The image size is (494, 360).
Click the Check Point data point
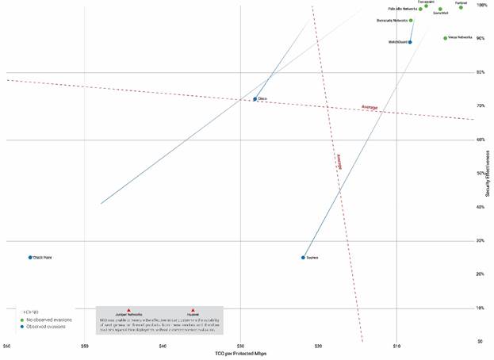tap(30, 257)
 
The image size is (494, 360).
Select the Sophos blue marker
tap(303, 257)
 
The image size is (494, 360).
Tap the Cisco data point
tap(255, 99)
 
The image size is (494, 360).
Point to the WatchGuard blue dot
tap(410, 42)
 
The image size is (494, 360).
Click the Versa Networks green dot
tap(445, 37)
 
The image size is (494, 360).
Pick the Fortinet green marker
tap(461, 7)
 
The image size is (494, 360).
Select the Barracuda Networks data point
tap(411, 21)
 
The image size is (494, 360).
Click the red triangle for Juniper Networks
tap(128, 310)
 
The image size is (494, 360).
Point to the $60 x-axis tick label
tap(7, 347)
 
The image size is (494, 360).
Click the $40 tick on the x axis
tap(163, 347)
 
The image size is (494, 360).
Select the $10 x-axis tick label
tap(396, 347)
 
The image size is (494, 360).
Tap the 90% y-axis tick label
tap(480, 38)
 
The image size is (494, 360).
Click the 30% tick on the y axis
tap(480, 240)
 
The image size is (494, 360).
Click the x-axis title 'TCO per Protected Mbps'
tap(240, 353)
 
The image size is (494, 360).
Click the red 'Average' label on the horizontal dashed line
tap(369, 107)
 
